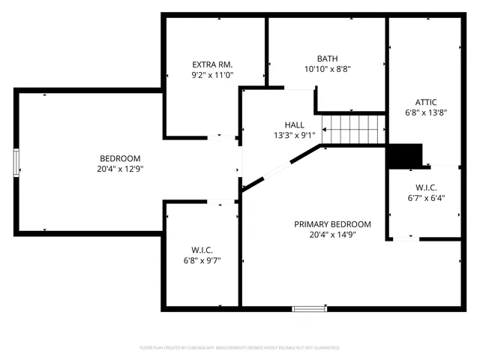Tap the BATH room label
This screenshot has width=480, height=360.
pyautogui.click(x=327, y=58)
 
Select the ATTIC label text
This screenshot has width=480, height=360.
pyautogui.click(x=425, y=102)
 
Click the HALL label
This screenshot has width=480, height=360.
pyautogui.click(x=294, y=124)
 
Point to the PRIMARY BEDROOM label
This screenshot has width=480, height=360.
pyautogui.click(x=332, y=223)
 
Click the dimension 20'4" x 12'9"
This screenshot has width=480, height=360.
pyautogui.click(x=120, y=169)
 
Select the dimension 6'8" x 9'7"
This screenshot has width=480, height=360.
pyautogui.click(x=202, y=260)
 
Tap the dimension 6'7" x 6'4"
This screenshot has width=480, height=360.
pyautogui.click(x=425, y=198)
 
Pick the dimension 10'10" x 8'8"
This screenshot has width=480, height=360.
pyautogui.click(x=327, y=68)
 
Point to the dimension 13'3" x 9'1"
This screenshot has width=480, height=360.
pyautogui.click(x=294, y=135)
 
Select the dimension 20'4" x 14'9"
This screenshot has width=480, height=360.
pyautogui.click(x=332, y=234)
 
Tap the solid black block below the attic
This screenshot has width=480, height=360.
pyautogui.click(x=405, y=155)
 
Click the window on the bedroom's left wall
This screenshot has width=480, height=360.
pyautogui.click(x=16, y=163)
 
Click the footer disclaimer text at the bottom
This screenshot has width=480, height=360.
pyautogui.click(x=240, y=348)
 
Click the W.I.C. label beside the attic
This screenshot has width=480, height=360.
pyautogui.click(x=425, y=187)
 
